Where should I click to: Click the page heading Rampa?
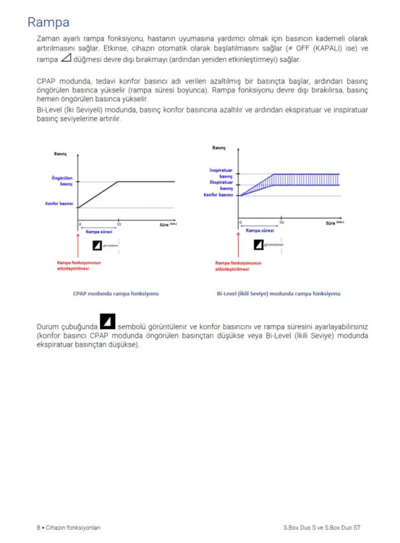[48, 23]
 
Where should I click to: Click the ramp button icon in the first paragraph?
[65, 59]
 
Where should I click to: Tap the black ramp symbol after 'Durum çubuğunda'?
[107, 322]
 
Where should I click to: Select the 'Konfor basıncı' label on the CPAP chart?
[59, 203]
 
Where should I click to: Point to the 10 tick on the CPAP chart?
[119, 225]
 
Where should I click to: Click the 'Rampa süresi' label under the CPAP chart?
[99, 231]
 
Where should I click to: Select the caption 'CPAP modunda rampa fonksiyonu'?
[116, 292]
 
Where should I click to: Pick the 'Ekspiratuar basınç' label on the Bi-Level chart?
[221, 185]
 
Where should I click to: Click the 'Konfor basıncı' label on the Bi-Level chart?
[218, 195]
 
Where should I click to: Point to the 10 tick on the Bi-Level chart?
[281, 221]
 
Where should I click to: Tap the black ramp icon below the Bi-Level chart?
[259, 245]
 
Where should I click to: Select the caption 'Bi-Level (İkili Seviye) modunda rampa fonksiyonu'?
[279, 292]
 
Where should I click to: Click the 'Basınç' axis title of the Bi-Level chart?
[219, 147]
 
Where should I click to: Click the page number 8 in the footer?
[38, 527]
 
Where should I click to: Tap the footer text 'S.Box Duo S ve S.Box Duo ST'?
[322, 527]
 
